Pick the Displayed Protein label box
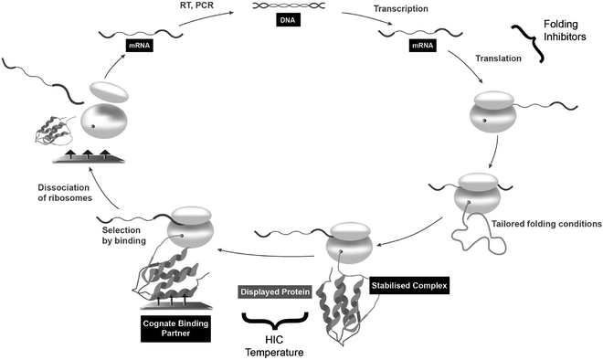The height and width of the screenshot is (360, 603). click(x=275, y=292)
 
